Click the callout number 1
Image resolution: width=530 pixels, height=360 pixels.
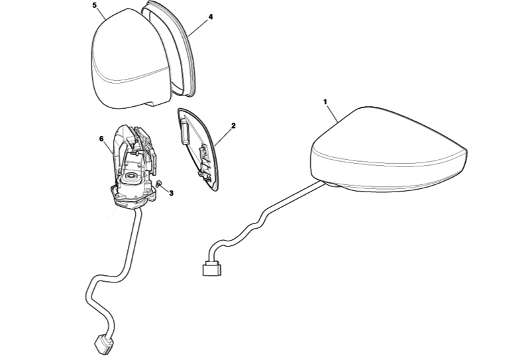point(325,101)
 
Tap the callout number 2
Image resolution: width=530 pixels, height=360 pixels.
point(233,126)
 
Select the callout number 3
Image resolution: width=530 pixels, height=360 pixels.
point(172,193)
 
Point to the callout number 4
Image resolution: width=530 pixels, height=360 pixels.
point(211,17)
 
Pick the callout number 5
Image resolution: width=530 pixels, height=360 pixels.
point(94,5)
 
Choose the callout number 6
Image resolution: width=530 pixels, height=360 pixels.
point(101,139)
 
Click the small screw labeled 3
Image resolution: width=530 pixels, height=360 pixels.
point(160,184)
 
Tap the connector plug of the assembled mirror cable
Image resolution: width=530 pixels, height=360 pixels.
point(212,270)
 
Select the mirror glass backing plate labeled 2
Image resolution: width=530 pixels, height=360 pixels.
point(198,150)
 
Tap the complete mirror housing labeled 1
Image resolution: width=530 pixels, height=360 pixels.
point(389,150)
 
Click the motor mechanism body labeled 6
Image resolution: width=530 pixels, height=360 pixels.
point(133,166)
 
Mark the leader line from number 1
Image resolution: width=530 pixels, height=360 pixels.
point(333,113)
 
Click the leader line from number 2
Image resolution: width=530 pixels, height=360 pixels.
point(223,137)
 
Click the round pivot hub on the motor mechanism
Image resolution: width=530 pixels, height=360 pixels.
point(131,176)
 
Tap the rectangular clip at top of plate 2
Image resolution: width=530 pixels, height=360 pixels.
point(184,131)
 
